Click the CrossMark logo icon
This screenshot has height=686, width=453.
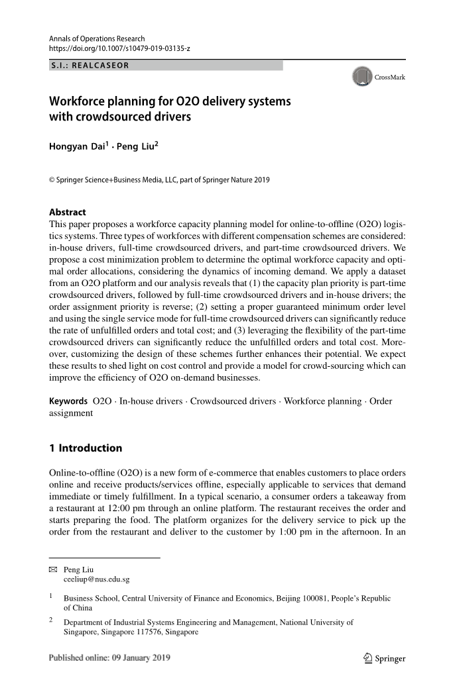(x=361, y=77)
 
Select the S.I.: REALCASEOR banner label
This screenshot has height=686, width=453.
(x=90, y=66)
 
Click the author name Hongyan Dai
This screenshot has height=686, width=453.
(x=75, y=146)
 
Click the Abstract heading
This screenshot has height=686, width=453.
(x=68, y=213)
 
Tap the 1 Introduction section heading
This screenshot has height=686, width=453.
(x=86, y=448)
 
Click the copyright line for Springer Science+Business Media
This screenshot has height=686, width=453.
(x=159, y=180)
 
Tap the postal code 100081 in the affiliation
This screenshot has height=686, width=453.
(x=282, y=599)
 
